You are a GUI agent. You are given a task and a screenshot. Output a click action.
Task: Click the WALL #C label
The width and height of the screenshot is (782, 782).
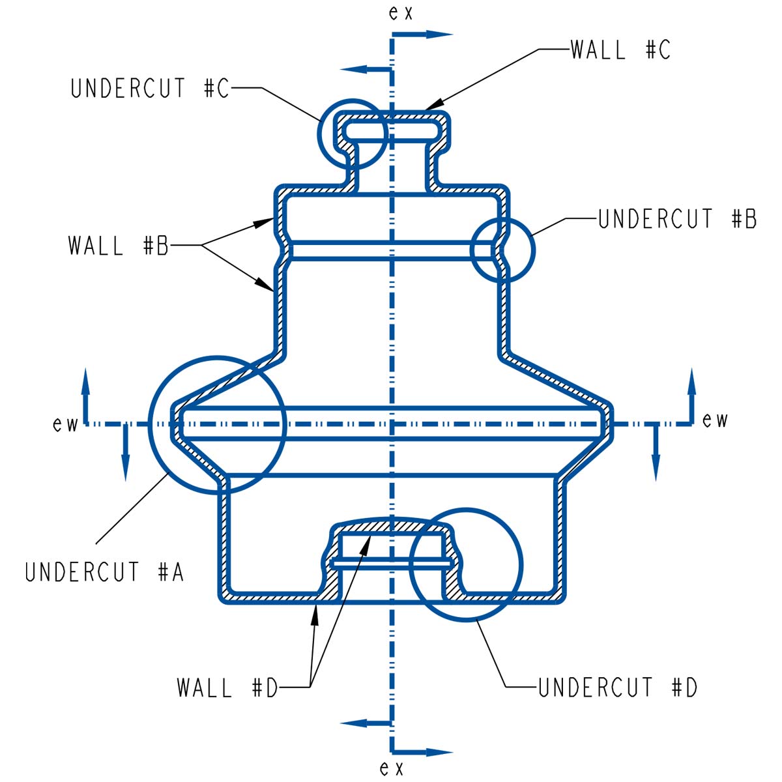(620, 50)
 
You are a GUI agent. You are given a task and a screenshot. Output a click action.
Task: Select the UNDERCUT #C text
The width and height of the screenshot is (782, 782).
(150, 89)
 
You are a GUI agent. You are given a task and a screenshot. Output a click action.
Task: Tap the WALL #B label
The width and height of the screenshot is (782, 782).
(118, 246)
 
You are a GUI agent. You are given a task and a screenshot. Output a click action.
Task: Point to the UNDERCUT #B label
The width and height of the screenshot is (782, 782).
(677, 220)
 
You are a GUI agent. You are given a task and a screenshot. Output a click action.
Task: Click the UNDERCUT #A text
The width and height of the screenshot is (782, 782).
(104, 572)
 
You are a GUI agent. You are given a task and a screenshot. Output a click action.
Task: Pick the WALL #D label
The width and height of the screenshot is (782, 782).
(227, 688)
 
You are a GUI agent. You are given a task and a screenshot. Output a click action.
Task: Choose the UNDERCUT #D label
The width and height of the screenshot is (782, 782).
(618, 688)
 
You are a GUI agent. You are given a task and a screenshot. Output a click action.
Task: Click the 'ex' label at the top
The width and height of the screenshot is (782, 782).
(400, 13)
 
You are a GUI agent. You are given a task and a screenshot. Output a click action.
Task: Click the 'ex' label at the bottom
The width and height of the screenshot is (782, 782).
(392, 768)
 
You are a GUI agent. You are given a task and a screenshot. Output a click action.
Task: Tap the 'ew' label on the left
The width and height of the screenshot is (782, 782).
(65, 425)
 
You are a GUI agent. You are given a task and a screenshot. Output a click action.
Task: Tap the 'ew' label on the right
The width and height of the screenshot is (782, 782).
(715, 420)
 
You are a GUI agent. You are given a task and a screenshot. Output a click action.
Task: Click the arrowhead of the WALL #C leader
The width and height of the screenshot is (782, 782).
(434, 103)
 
